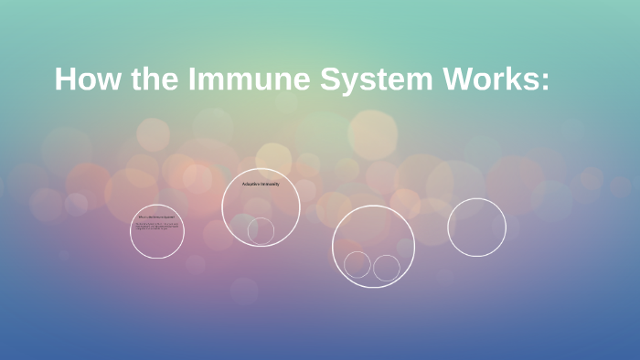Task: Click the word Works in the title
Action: tap(485, 79)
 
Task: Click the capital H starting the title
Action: tap(65, 79)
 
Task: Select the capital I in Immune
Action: tap(194, 79)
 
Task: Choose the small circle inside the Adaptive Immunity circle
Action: tap(261, 230)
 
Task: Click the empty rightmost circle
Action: tap(476, 227)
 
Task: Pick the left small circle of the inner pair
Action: tap(357, 264)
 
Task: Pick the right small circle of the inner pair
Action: tap(387, 268)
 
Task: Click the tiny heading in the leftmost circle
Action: tap(156, 217)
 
